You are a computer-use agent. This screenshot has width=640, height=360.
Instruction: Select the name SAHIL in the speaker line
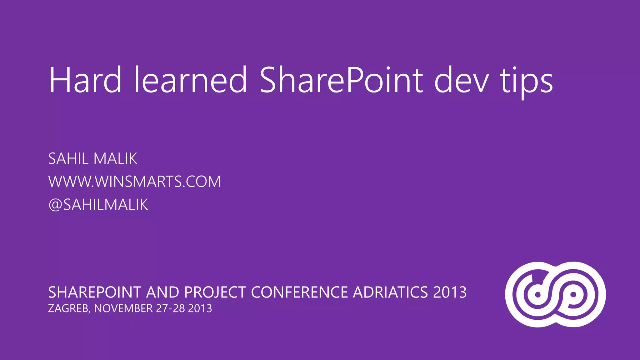[x=68, y=158]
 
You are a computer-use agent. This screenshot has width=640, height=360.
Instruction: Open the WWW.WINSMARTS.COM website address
[x=134, y=182]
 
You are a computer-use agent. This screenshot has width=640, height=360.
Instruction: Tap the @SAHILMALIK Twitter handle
[x=98, y=205]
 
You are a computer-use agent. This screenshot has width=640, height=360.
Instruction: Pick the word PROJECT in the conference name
[x=215, y=292]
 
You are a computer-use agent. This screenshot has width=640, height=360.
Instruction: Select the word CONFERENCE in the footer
[x=299, y=292]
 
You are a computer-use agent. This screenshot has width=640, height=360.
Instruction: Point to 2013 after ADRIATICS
[x=450, y=292]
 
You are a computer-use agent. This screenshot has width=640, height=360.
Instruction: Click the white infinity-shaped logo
[x=555, y=294]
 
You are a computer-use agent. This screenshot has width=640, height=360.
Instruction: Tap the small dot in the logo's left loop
[x=538, y=295]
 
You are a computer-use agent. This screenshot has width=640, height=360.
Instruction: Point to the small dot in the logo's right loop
[x=573, y=295]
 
